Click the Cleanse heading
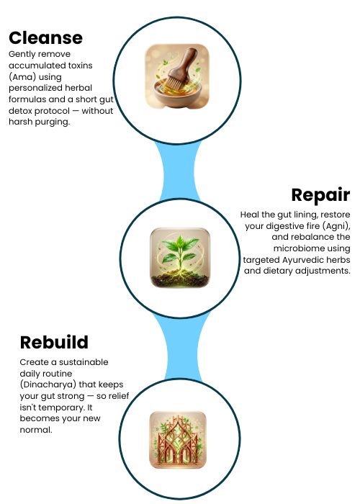45,38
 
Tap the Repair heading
320,195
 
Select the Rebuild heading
54,342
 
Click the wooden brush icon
177,76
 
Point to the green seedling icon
180,258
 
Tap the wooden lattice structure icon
178,440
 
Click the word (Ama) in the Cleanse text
21,77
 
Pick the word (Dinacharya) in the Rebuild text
48,384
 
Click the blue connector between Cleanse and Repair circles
179,171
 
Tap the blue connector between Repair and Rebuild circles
181,348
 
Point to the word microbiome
312,248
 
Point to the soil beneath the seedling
180,280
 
